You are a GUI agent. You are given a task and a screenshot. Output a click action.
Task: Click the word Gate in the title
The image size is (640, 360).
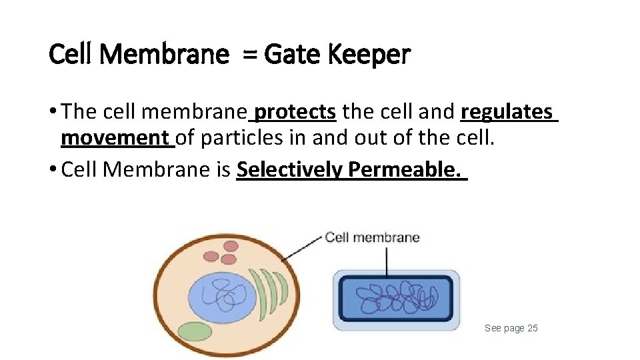(291, 55)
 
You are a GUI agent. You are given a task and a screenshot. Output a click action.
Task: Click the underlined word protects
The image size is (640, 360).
(295, 112)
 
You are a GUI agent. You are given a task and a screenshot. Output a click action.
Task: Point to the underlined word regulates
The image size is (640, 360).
(507, 112)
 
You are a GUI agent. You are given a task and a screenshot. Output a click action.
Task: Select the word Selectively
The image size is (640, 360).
(290, 169)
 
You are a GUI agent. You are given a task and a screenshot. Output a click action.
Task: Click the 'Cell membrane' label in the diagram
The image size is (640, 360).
(372, 237)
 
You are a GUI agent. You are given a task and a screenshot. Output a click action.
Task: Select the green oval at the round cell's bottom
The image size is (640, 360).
(194, 331)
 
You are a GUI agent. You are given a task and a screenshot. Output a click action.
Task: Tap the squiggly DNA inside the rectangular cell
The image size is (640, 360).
(397, 299)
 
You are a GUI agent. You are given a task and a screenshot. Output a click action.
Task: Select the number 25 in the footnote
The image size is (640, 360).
(532, 328)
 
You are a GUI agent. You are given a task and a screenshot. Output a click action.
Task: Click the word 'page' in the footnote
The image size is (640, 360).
(513, 329)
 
